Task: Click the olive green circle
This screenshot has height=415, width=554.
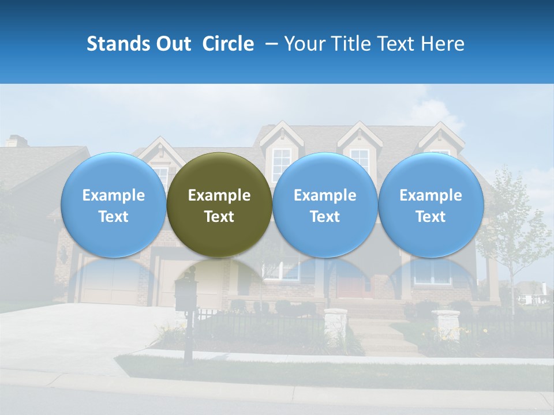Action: pos(219,205)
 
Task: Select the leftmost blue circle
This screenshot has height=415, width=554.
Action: pos(113,205)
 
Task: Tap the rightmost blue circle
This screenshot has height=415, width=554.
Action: pos(431,205)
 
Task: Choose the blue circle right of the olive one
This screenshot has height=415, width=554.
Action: pos(325,205)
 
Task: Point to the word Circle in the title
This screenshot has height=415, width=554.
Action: pos(228,44)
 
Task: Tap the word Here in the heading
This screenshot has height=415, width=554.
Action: pos(443,44)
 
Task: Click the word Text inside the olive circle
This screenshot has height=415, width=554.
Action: pos(219,217)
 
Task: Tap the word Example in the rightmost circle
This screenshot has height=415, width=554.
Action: pos(431,195)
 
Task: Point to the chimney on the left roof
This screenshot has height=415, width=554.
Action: pos(17,141)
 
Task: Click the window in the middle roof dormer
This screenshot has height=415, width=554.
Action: pos(282,161)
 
